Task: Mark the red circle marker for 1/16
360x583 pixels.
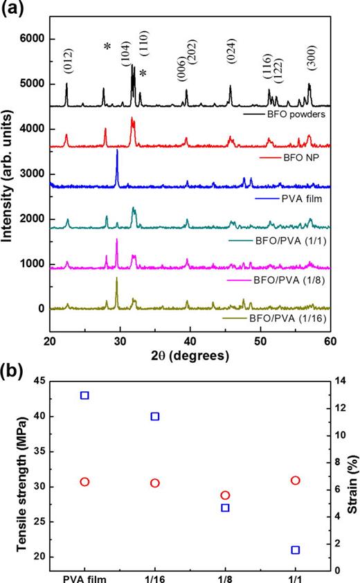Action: pos(155,483)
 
